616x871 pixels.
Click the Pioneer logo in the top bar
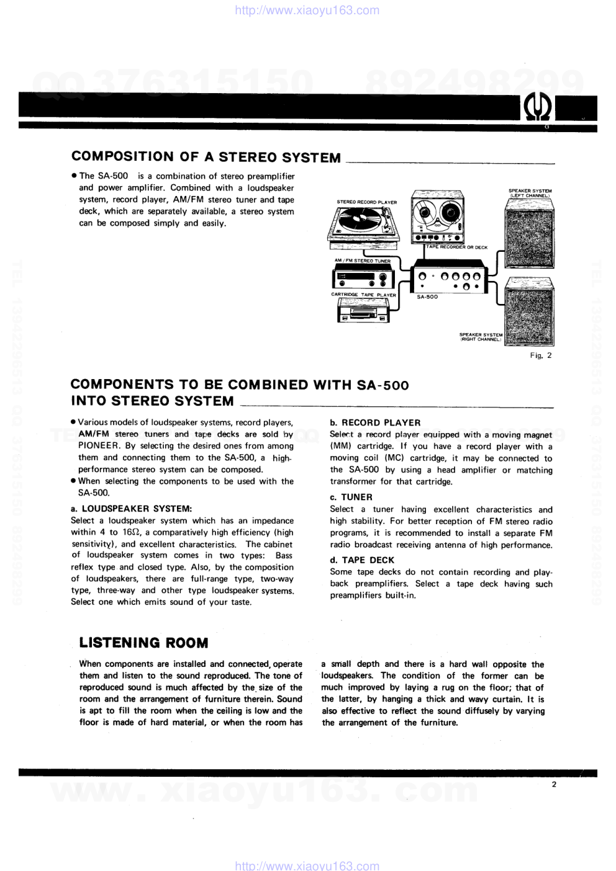538,109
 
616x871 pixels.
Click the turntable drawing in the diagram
363,223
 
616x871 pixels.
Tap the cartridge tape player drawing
363,310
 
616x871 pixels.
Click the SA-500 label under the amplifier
427,297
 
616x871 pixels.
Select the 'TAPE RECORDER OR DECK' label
456,247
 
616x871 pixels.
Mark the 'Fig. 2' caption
540,355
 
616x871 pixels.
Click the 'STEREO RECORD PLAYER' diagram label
366,202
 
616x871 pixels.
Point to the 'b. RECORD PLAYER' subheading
375,422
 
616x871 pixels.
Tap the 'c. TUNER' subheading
351,497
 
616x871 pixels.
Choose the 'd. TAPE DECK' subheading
362,560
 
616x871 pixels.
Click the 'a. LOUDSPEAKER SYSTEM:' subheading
132,509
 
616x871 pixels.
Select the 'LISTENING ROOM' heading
143,643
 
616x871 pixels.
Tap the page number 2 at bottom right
554,784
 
